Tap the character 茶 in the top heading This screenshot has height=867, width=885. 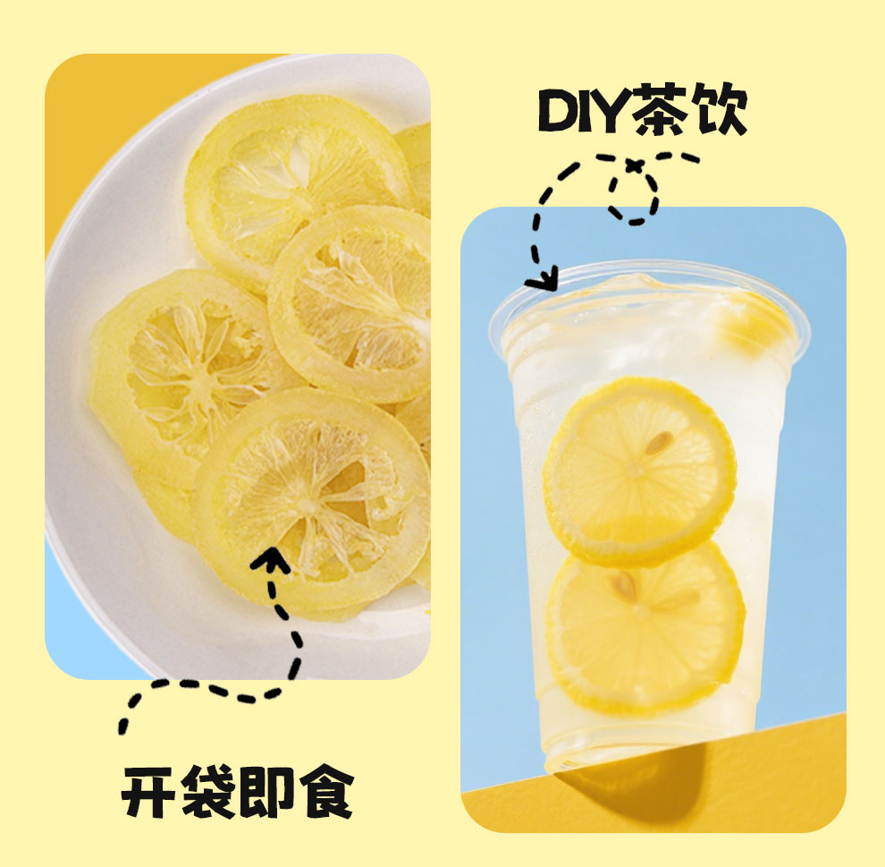[x=660, y=109]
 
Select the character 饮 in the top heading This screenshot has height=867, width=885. [x=719, y=109]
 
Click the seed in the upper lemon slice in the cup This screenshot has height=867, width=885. [x=659, y=443]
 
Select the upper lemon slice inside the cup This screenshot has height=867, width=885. [x=639, y=472]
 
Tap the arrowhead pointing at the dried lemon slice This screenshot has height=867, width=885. [x=270, y=558]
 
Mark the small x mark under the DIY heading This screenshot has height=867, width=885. [x=635, y=166]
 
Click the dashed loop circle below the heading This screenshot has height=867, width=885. [x=634, y=195]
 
